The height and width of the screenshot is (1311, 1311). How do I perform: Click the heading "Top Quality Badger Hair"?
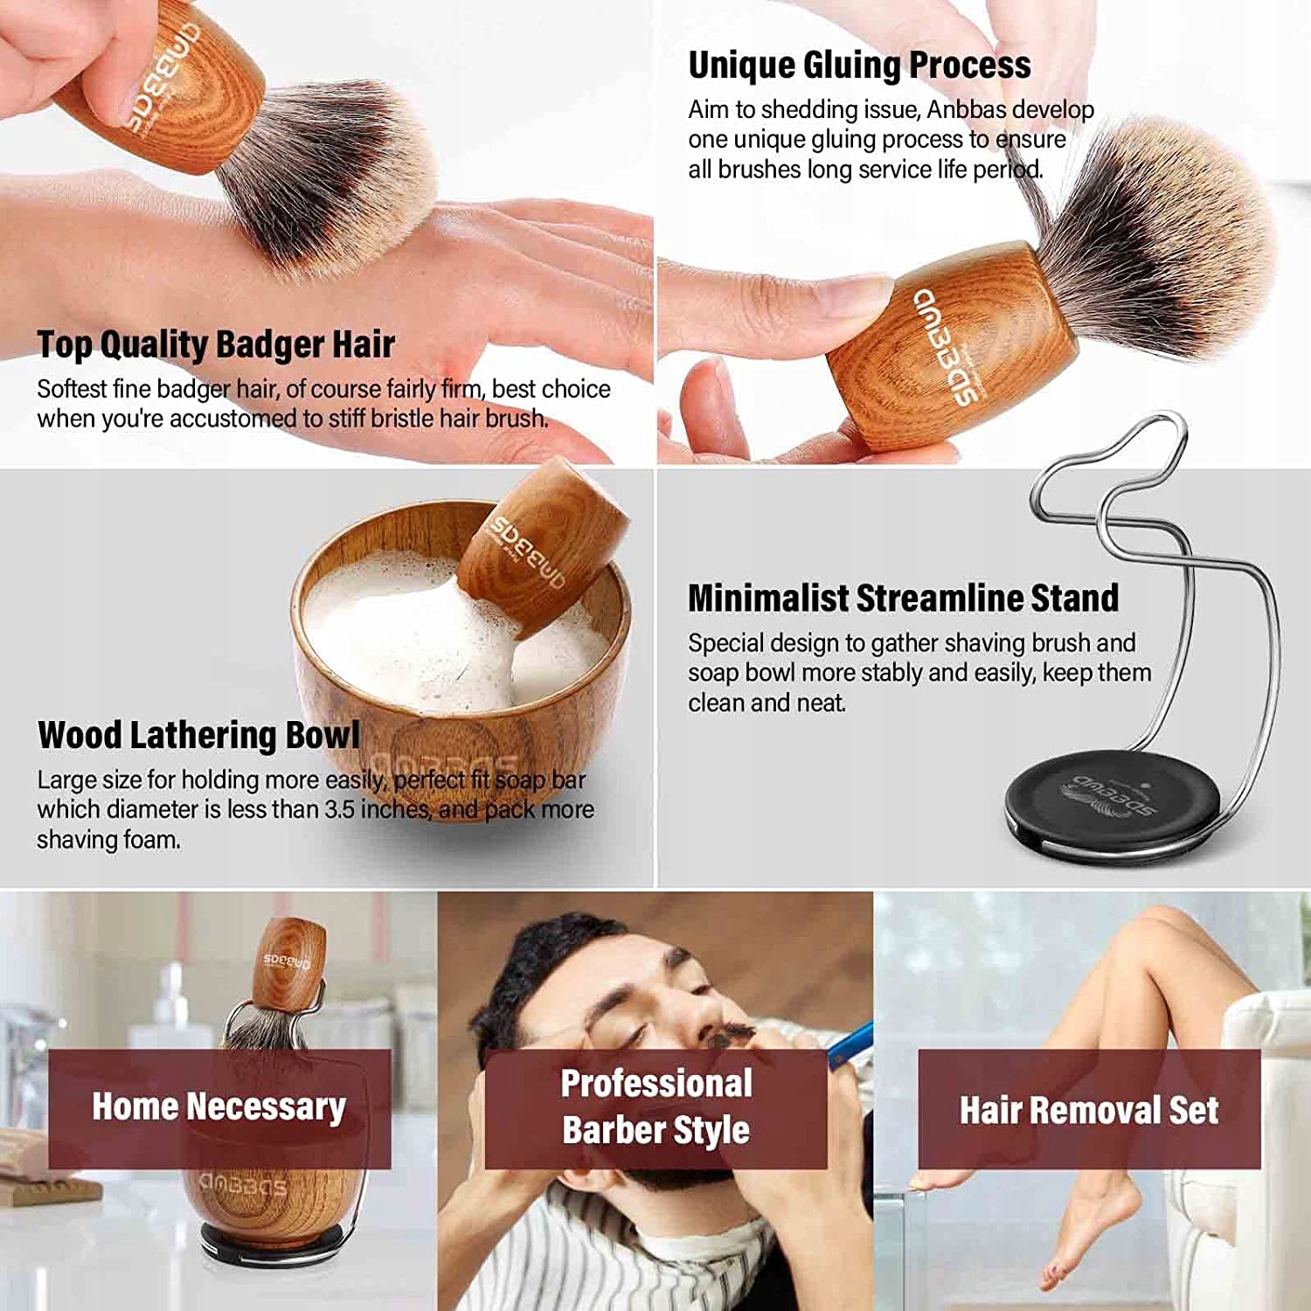point(216,344)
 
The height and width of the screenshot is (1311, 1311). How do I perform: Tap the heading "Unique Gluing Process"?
point(859,66)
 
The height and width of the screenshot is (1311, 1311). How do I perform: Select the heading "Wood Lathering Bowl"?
point(198,735)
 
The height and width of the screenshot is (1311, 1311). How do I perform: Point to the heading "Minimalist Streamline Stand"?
point(903,598)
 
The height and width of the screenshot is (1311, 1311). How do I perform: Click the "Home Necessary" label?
point(218,1107)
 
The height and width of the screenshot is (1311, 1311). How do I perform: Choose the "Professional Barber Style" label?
point(656,1106)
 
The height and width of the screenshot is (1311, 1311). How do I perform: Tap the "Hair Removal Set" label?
point(1089,1110)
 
